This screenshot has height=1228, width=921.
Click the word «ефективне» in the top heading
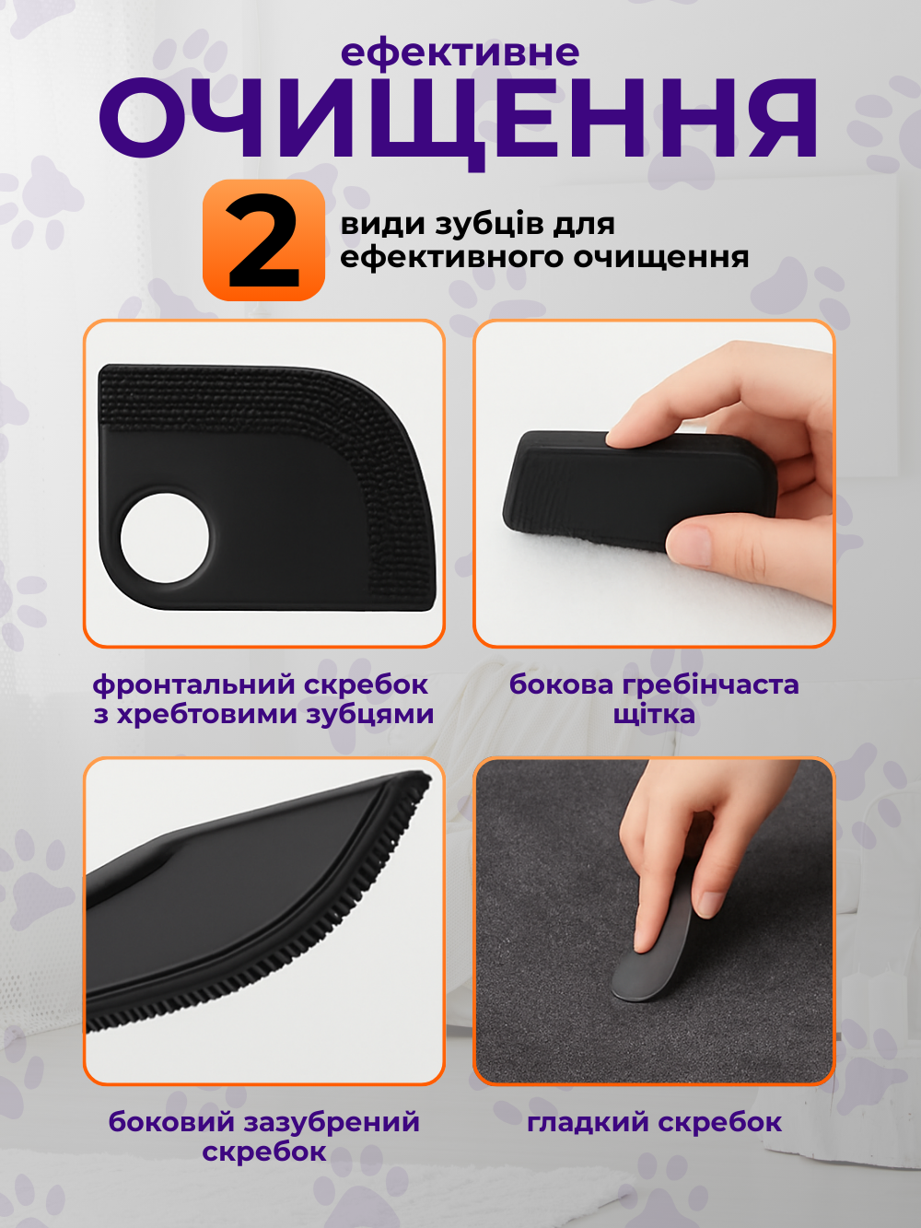(x=460, y=54)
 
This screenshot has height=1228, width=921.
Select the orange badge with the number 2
(x=264, y=240)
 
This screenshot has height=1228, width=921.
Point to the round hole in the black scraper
(x=165, y=538)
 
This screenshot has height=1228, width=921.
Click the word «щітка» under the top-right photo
(x=654, y=715)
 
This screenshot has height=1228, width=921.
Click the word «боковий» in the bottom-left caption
(x=171, y=1122)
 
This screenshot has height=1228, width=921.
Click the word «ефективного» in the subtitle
(x=452, y=258)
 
